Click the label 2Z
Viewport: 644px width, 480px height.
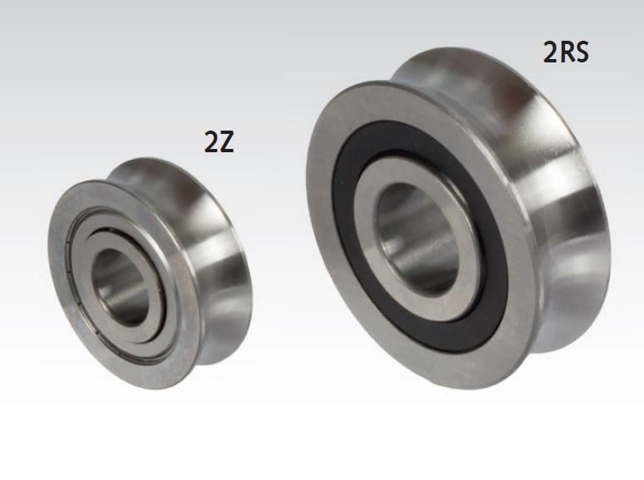[219, 142]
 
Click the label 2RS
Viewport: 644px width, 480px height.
[566, 52]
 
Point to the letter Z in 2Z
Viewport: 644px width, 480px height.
[226, 142]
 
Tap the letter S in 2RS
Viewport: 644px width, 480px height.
[581, 52]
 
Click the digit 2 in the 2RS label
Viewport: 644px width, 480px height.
[551, 52]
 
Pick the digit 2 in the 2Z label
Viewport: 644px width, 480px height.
[211, 142]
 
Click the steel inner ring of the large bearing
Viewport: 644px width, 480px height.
[369, 250]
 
